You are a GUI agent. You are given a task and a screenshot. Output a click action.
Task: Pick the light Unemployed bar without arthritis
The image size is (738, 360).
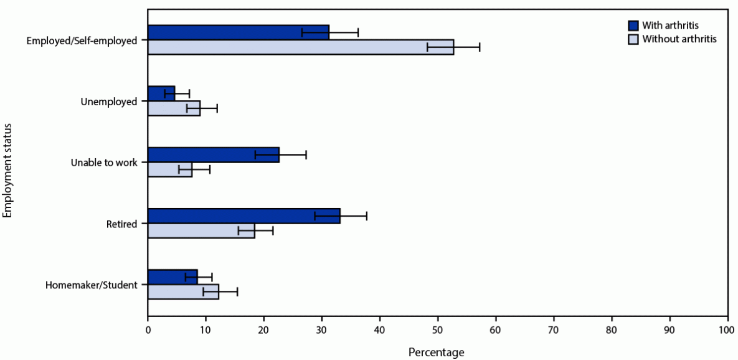[174, 108]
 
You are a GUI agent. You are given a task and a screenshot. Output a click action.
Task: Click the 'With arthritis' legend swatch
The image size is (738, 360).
[633, 26]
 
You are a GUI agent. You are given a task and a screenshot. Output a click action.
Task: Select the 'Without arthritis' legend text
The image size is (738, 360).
[679, 39]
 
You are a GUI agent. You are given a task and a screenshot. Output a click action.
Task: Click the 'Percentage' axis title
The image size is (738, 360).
[436, 353]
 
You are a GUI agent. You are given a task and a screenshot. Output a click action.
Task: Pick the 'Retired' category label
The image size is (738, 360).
[121, 224]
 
